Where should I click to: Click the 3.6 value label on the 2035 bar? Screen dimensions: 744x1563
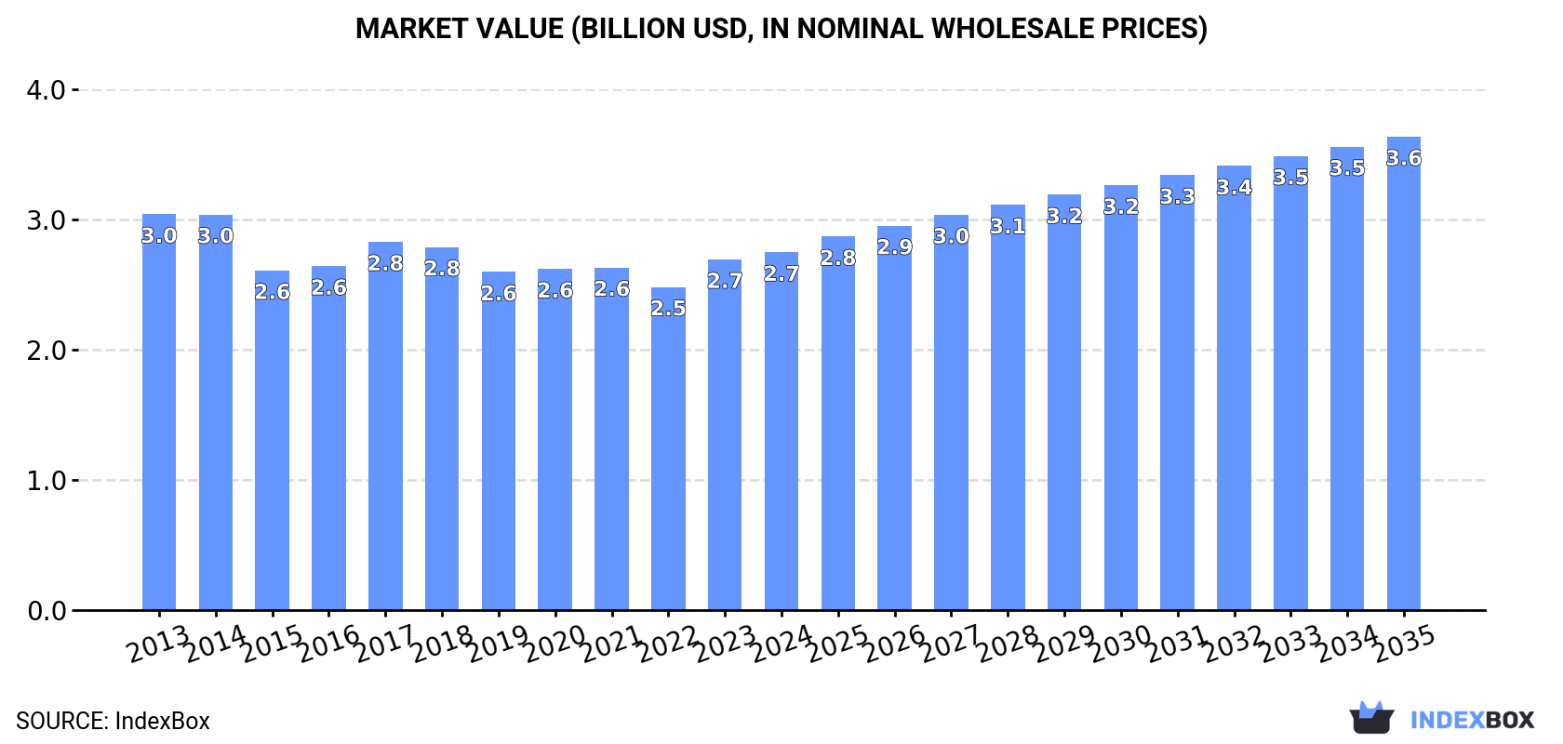(1403, 159)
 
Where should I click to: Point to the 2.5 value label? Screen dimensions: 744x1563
(668, 309)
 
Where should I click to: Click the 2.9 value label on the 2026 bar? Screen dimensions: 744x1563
(894, 247)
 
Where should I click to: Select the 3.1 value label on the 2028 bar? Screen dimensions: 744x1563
(1008, 227)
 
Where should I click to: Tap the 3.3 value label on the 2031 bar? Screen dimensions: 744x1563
(1177, 197)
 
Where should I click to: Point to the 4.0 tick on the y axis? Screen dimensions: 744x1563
(46, 91)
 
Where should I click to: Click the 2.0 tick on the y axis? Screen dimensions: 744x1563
(46, 352)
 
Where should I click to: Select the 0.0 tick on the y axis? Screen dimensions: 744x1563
(46, 612)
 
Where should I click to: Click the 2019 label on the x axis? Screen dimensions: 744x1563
(498, 644)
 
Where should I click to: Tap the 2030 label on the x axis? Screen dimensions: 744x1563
(1120, 644)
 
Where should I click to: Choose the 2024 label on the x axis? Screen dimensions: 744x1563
(781, 644)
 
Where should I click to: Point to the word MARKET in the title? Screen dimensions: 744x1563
(412, 29)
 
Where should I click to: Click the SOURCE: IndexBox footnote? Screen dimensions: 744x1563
(113, 721)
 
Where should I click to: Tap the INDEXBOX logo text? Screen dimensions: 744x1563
(1471, 720)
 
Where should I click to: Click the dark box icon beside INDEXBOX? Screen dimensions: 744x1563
(1371, 718)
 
